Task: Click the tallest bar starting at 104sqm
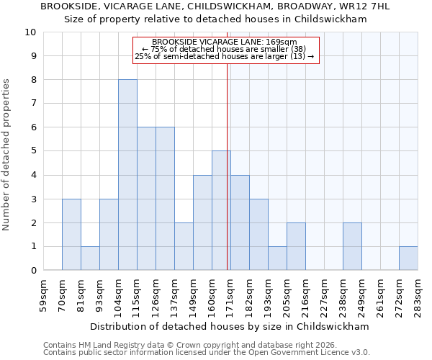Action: tap(127, 175)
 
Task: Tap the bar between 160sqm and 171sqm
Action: tap(221, 211)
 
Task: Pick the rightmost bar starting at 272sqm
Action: tap(408, 258)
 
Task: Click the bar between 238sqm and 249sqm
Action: tap(352, 247)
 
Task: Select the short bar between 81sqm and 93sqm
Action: tap(90, 258)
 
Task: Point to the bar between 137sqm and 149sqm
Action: tap(184, 247)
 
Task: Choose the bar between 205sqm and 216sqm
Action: tap(296, 247)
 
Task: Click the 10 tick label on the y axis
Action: tap(30, 32)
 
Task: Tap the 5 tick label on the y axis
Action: tap(33, 151)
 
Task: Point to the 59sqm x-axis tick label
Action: tap(44, 292)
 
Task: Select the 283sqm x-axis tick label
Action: tap(418, 292)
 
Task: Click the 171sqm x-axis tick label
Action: tap(231, 292)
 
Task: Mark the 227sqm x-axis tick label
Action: tap(325, 292)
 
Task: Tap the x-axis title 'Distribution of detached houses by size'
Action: tap(230, 326)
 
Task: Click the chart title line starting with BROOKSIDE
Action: tap(215, 6)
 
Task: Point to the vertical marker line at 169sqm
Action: tap(228, 180)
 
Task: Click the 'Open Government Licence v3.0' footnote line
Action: tap(207, 353)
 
